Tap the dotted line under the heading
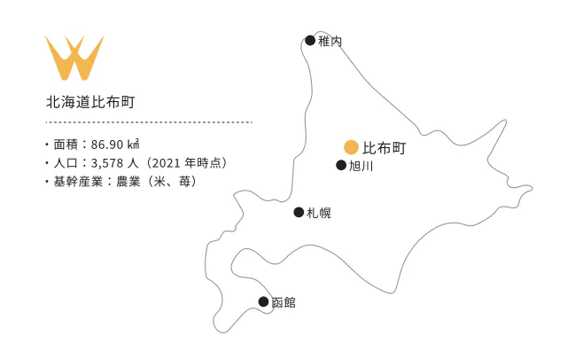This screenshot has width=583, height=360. [x=149, y=122]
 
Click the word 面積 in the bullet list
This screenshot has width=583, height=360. [x=66, y=144]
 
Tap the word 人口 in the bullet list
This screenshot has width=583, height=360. [x=66, y=162]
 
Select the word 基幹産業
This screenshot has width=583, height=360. [x=79, y=181]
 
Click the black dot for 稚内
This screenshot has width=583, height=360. [x=310, y=40]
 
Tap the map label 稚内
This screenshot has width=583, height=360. [x=330, y=41]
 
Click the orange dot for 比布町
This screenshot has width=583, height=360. [x=351, y=146]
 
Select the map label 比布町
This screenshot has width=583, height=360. [x=385, y=147]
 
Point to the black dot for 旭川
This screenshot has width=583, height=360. [x=341, y=165]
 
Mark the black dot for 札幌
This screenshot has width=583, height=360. [x=299, y=212]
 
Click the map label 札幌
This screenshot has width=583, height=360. [x=318, y=213]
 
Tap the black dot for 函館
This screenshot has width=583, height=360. [x=263, y=301]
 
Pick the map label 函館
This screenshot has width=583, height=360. [x=283, y=302]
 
